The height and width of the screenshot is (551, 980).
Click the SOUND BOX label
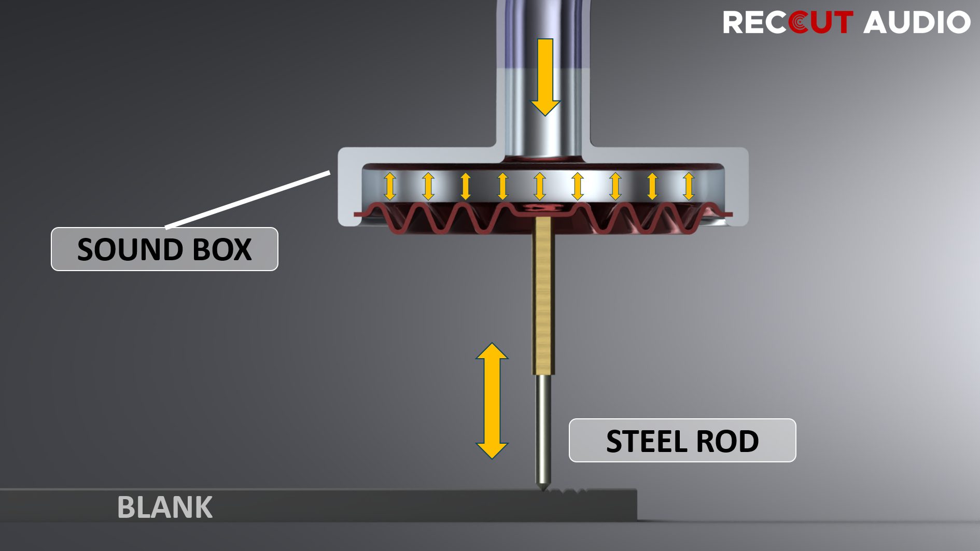click(x=164, y=249)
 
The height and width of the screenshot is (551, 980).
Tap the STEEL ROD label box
click(x=682, y=441)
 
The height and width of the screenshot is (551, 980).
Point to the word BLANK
click(x=165, y=507)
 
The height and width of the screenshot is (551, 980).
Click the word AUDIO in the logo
click(x=917, y=22)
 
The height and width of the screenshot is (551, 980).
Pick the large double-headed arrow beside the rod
click(x=492, y=401)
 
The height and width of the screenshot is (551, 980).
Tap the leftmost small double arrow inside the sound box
click(x=390, y=186)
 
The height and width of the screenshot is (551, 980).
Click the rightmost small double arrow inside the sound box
click(x=689, y=186)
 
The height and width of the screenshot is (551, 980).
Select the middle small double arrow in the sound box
click(x=540, y=186)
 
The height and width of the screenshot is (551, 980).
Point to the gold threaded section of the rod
click(x=543, y=295)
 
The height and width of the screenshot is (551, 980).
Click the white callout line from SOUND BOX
click(x=248, y=200)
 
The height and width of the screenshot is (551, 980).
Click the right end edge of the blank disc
click(x=636, y=504)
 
